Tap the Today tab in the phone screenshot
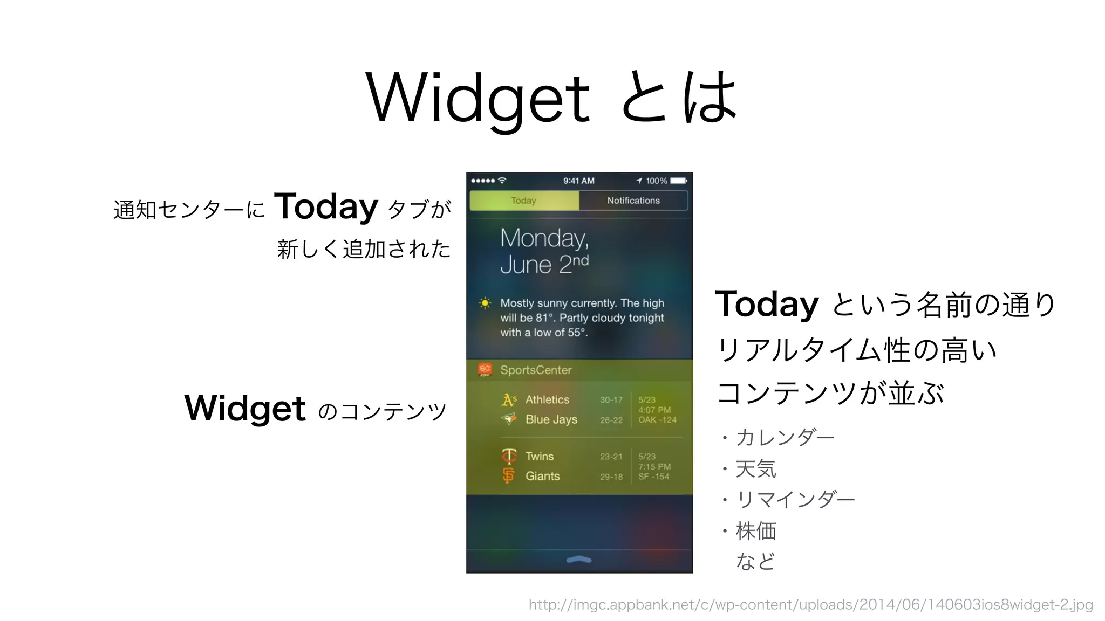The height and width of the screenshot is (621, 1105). click(524, 201)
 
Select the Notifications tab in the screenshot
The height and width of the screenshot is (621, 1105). click(633, 201)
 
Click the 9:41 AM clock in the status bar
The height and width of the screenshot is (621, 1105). click(578, 181)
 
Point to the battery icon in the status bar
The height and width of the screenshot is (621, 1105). click(678, 181)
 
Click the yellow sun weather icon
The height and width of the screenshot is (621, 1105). click(485, 303)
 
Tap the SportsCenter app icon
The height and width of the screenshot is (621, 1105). click(485, 370)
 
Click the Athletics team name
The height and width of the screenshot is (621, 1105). click(547, 400)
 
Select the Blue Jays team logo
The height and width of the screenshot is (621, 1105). click(508, 419)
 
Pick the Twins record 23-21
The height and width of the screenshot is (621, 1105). click(611, 457)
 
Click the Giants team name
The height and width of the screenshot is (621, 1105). click(542, 476)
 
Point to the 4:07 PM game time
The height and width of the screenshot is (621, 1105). click(654, 410)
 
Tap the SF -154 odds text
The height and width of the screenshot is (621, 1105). click(653, 477)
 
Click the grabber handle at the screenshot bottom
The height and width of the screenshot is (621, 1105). click(579, 560)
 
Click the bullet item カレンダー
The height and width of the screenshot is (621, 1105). click(785, 437)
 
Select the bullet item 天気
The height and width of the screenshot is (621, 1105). click(756, 468)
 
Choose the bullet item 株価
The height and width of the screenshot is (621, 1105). click(756, 531)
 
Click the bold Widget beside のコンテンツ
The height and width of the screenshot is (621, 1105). click(245, 408)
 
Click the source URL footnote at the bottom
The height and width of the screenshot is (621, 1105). click(810, 605)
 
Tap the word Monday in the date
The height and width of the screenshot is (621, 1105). click(544, 238)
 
